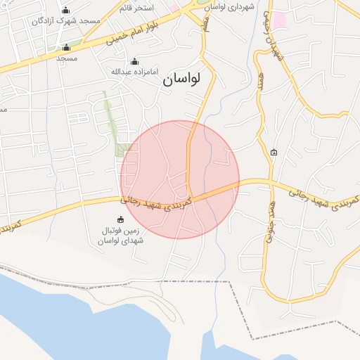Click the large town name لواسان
(181, 79)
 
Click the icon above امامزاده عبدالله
(135, 61)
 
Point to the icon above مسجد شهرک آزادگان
(66, 10)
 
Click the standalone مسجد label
(67, 58)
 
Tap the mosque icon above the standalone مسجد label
(67, 48)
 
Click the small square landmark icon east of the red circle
(274, 153)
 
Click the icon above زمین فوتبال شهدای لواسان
(120, 219)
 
